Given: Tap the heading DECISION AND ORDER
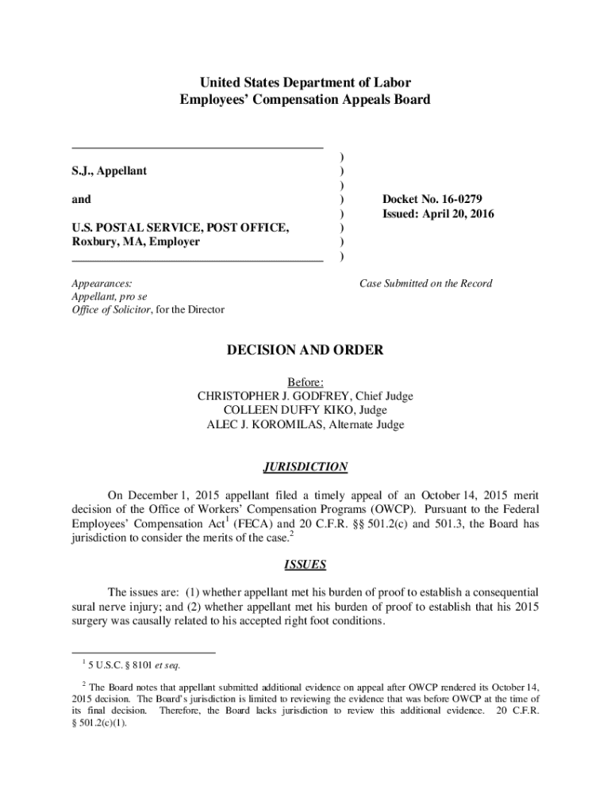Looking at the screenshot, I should tap(305, 350).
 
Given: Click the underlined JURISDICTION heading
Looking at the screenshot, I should tap(305, 467).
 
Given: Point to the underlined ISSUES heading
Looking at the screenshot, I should tap(305, 565).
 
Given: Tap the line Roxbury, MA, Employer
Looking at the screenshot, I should tap(136, 241).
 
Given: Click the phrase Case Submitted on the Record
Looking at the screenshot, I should tap(425, 283).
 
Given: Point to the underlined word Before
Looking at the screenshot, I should tap(305, 381).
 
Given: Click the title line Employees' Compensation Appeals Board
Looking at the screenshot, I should tap(305, 99).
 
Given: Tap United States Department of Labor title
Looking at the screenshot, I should tap(305, 82).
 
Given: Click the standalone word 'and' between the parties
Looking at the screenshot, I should tap(81, 199).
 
